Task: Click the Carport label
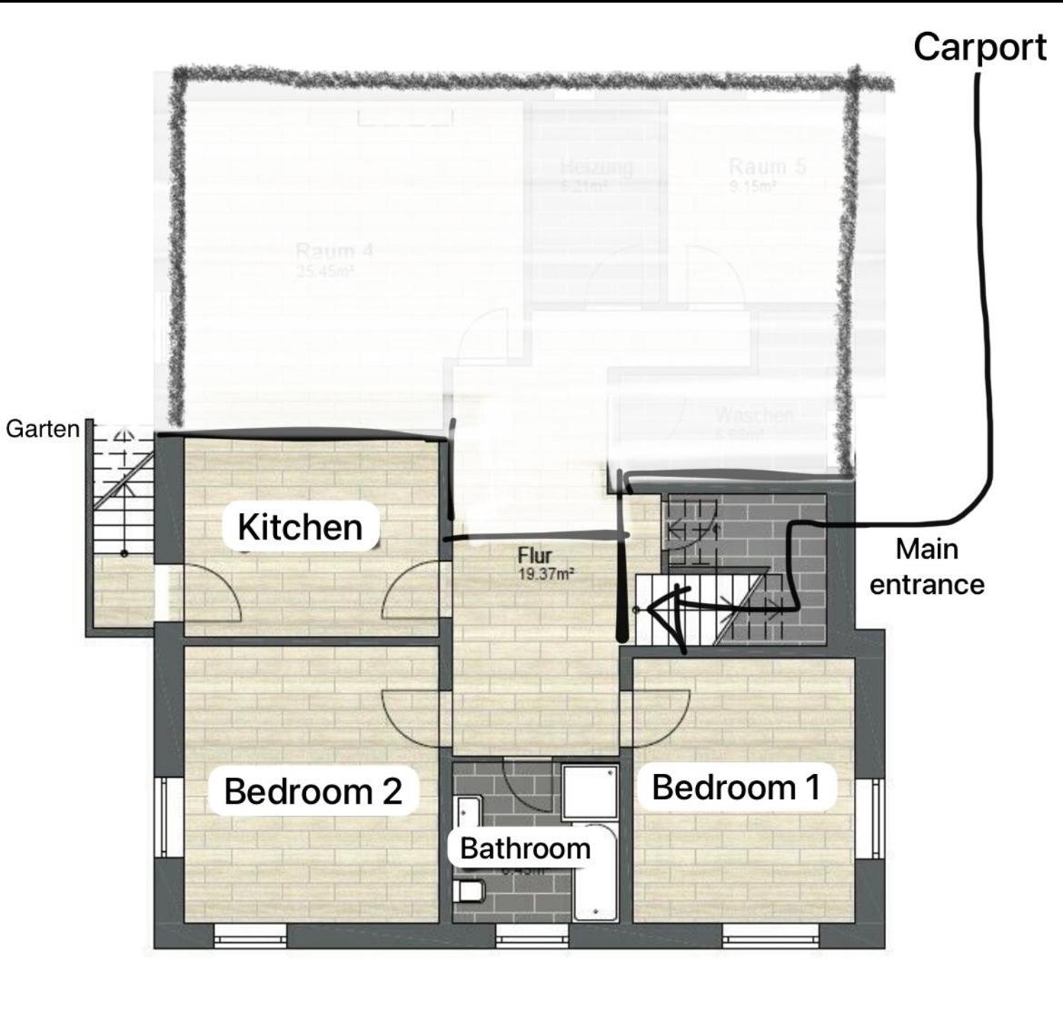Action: [979, 47]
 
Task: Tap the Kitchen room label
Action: [300, 527]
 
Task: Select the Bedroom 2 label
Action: [313, 791]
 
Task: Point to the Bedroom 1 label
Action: [736, 787]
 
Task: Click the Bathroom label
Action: [525, 848]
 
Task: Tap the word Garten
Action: [43, 429]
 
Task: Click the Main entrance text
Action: [927, 566]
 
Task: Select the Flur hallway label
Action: [535, 556]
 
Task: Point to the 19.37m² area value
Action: [545, 574]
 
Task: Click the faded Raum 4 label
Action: [334, 252]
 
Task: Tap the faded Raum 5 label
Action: [767, 167]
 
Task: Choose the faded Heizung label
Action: [596, 167]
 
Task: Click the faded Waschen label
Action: [754, 416]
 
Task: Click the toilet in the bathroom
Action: [470, 890]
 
